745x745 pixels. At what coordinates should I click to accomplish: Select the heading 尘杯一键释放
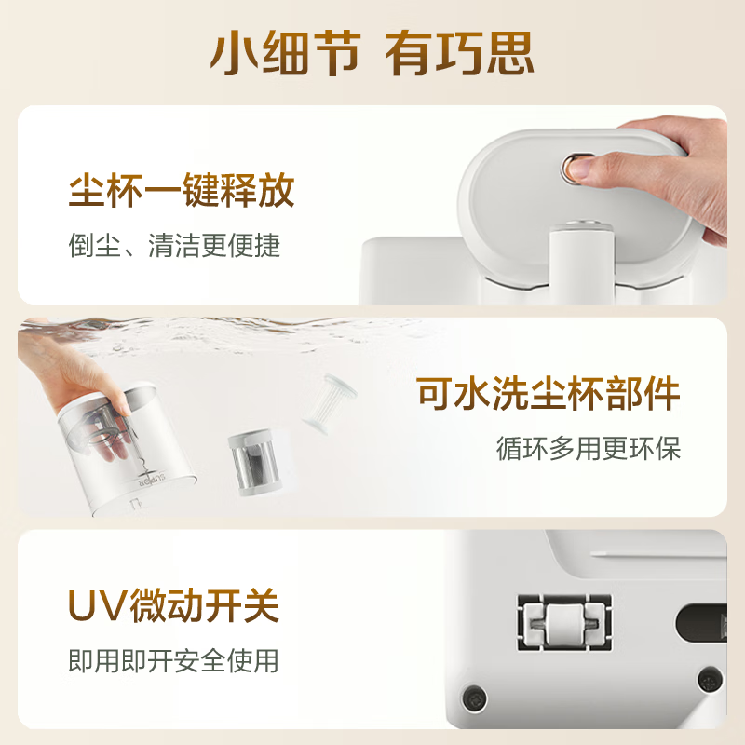point(182,192)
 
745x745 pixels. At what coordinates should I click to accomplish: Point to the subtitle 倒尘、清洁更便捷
point(174,246)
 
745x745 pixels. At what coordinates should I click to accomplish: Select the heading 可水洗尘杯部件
point(549,396)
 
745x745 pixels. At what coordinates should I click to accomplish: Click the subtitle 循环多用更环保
point(588,449)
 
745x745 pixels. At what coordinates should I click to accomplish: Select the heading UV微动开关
point(174,607)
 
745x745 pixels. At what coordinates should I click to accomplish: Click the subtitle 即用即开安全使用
point(174,661)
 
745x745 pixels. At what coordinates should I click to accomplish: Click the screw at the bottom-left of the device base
point(476,695)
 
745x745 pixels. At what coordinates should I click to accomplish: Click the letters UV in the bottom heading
point(95,607)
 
